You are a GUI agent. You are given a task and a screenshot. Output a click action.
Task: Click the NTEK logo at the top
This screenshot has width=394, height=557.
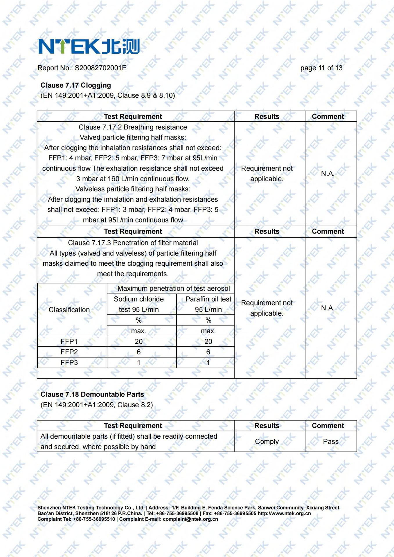tap(89, 46)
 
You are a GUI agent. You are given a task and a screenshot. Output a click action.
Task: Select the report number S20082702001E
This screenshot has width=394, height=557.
tap(100, 68)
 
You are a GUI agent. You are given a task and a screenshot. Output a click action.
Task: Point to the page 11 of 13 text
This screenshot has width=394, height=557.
tap(321, 68)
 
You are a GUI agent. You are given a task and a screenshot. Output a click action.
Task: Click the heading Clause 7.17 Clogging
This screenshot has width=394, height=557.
tap(75, 85)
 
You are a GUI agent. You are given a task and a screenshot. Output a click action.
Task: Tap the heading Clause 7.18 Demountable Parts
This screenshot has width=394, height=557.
tap(92, 394)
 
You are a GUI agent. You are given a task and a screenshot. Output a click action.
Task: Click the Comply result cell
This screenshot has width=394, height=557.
tap(267, 441)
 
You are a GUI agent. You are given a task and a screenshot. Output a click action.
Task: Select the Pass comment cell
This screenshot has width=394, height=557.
tap(330, 441)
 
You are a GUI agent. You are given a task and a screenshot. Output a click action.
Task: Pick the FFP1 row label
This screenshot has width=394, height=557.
tap(69, 341)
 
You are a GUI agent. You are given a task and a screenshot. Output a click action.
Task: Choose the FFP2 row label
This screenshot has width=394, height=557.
tap(69, 352)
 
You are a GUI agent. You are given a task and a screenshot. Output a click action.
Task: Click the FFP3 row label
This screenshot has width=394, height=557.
tap(69, 362)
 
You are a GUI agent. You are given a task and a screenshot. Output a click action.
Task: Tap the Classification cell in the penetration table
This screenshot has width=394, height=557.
tap(69, 310)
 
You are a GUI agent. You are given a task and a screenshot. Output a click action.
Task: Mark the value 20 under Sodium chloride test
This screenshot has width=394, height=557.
tap(138, 341)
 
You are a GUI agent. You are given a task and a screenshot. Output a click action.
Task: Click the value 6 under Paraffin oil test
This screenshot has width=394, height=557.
tap(208, 352)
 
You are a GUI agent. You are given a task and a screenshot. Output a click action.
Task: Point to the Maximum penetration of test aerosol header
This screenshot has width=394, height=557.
tap(173, 288)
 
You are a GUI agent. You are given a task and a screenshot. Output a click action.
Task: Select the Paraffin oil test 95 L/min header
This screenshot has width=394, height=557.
tap(208, 304)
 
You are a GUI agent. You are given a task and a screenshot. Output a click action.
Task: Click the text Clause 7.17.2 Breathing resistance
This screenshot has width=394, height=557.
tap(133, 127)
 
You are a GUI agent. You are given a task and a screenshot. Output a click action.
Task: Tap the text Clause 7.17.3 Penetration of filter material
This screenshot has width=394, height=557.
tap(133, 243)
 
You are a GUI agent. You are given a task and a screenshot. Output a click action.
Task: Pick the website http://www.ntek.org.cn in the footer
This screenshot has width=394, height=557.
tap(284, 513)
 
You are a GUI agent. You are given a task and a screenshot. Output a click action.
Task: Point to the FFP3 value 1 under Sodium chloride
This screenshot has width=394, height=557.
tap(138, 362)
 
